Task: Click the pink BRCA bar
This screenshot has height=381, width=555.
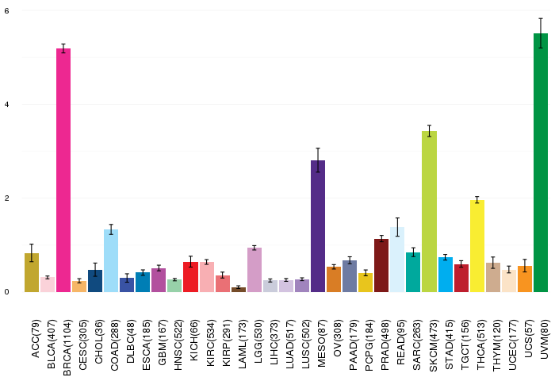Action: coord(63,170)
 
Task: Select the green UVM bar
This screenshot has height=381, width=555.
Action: coord(541,163)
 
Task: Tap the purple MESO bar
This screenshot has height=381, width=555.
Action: coord(318,226)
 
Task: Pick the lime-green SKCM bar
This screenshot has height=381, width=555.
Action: coord(430,212)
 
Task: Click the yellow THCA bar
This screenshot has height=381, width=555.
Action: coord(477,246)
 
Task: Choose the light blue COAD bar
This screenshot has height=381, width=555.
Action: coord(111,260)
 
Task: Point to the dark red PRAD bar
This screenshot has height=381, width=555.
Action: coord(381,265)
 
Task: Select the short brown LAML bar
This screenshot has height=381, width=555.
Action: coord(239,290)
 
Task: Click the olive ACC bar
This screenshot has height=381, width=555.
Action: coord(32,272)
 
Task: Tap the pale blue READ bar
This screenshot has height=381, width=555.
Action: coord(397,260)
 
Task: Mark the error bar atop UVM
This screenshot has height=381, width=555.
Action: coord(541,33)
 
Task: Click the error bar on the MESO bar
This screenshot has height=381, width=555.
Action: coord(318,160)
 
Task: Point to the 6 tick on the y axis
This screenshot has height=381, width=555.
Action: coord(7,11)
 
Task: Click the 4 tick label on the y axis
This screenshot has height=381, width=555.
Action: coord(7,105)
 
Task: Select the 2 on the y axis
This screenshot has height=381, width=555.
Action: coord(7,198)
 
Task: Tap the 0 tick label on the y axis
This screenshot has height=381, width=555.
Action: coord(7,292)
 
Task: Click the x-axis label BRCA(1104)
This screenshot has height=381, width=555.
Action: coord(67,348)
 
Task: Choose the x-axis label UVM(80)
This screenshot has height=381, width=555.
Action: coord(544,339)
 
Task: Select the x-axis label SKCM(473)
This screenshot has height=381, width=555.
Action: coord(433,345)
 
